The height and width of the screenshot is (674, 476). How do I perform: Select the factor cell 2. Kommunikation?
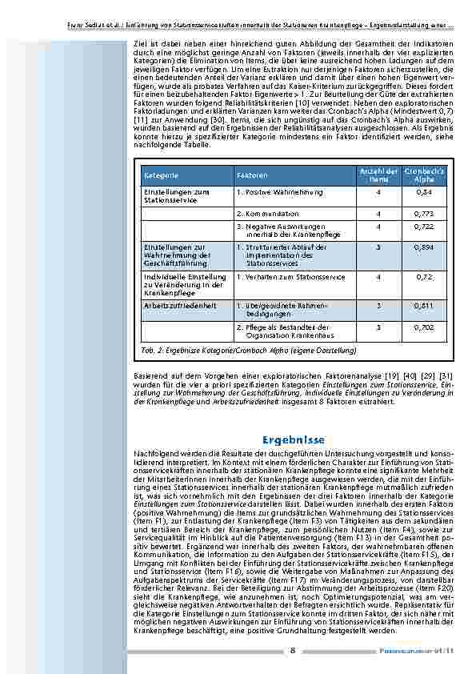(x=267, y=215)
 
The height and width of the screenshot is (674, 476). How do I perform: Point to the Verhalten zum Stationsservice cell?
(x=290, y=277)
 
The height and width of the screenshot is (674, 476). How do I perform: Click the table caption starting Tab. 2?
(x=249, y=351)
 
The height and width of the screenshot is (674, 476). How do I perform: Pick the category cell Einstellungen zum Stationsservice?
(x=175, y=197)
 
